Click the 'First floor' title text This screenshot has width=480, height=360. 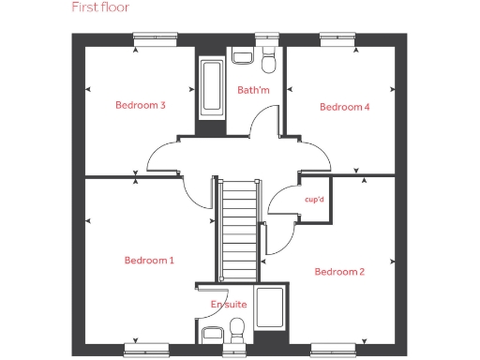(101, 7)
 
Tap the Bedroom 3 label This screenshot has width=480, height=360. (141, 105)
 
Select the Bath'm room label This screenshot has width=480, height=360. (252, 91)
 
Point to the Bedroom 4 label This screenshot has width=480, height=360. (345, 107)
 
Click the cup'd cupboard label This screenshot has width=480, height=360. (315, 199)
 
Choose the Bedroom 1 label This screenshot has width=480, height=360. (149, 260)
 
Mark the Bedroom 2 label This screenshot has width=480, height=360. (339, 272)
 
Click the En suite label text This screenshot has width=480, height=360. (229, 305)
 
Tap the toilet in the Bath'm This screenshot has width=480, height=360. (267, 60)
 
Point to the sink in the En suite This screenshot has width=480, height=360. (212, 334)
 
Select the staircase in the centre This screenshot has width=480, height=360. (237, 230)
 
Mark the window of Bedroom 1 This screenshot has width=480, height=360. (148, 349)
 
